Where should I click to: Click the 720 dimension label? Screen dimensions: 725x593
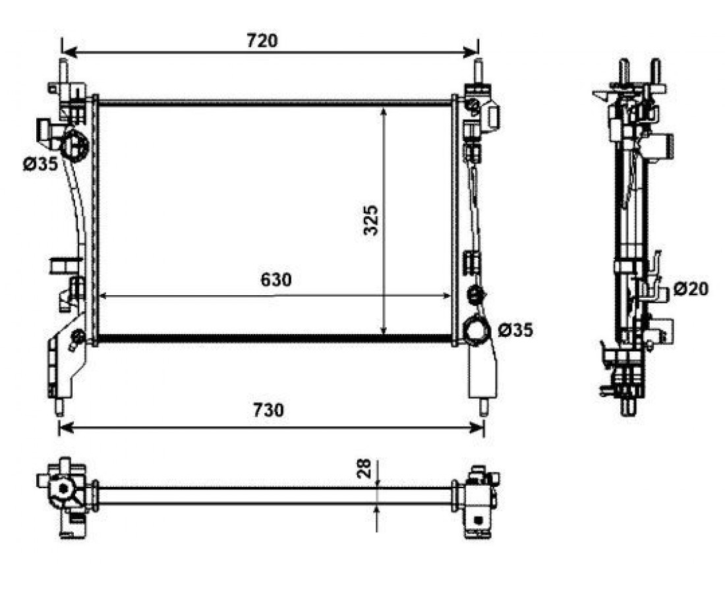coord(262,41)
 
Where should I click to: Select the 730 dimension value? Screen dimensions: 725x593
coord(268,410)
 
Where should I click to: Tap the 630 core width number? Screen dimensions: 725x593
coord(276,279)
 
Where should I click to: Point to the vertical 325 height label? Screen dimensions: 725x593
coord(371,220)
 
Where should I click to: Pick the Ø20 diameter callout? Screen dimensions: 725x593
coord(691,289)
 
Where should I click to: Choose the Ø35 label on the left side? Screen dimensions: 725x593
coord(40,163)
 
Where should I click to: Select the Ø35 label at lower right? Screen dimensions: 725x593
coord(515,330)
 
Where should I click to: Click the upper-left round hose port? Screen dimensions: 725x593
coord(74,145)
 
